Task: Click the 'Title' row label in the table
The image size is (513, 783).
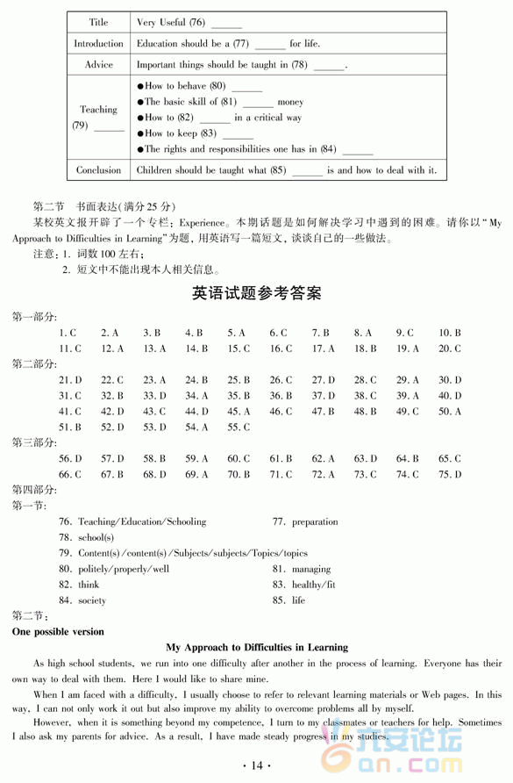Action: pos(99,22)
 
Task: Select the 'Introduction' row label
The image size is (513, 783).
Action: pos(98,43)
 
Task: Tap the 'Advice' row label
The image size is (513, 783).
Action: pos(99,64)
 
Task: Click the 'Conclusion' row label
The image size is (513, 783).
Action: pos(98,170)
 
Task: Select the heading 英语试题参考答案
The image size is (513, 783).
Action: pos(256,293)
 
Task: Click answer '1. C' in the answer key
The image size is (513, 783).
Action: pos(68,333)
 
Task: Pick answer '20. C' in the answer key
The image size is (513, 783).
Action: pos(450,348)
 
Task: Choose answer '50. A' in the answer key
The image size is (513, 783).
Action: pos(450,411)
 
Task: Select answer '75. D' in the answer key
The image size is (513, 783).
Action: pos(450,474)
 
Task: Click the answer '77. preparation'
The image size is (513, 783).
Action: pos(304,521)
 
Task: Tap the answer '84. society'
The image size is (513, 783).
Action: pos(82,600)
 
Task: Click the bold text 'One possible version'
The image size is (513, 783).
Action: pos(58,631)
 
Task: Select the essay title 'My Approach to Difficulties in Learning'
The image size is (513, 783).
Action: pos(256,647)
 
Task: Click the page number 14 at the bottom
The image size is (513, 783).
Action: pos(256,765)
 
